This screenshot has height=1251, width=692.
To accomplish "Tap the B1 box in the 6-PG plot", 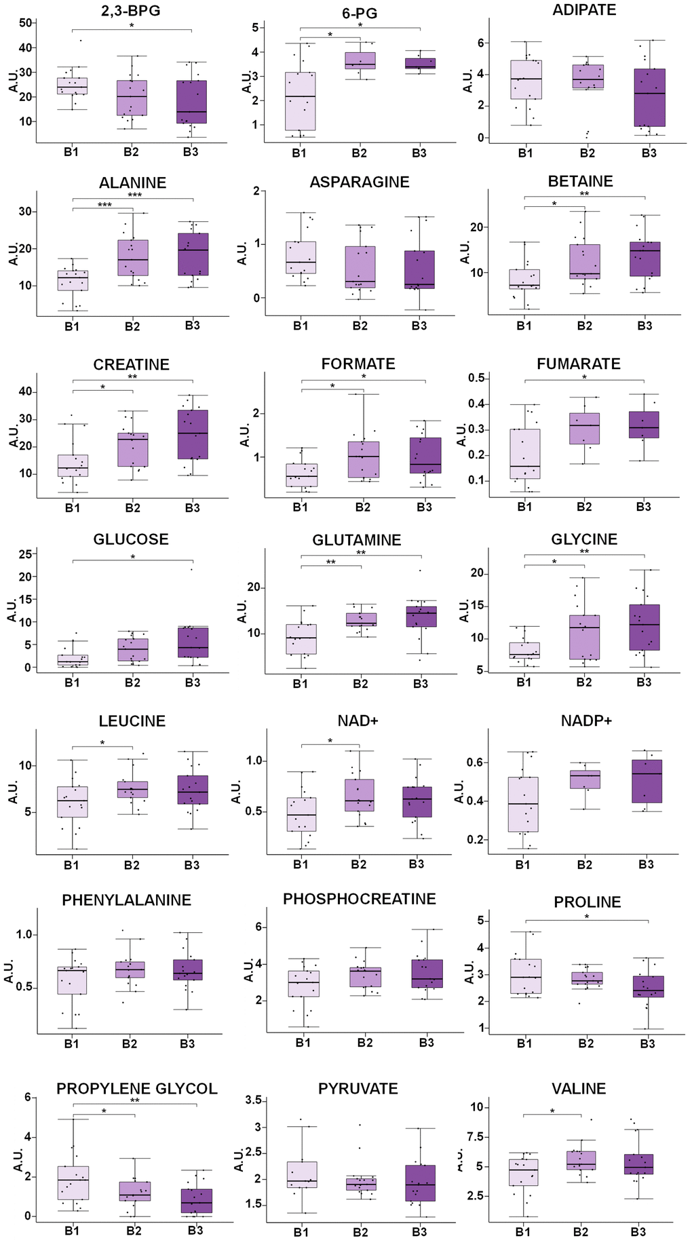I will click(299, 101).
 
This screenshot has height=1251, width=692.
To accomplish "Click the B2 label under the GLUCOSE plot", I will click(132, 682).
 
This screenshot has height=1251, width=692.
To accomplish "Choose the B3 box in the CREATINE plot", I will click(192, 434).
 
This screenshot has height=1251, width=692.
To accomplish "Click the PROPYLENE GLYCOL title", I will click(136, 1089).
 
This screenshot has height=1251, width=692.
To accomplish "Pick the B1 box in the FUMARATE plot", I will click(525, 454).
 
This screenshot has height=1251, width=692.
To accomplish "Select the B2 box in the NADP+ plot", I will click(584, 780).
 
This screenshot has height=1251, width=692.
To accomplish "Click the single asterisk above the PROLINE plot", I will click(586, 917).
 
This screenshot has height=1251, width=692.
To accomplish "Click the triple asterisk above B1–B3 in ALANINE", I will click(134, 195).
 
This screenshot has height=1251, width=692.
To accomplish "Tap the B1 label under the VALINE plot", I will click(523, 1231).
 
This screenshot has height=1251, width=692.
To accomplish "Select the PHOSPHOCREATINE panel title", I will click(359, 899).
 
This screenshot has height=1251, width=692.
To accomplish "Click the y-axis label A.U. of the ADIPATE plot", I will click(467, 80).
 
